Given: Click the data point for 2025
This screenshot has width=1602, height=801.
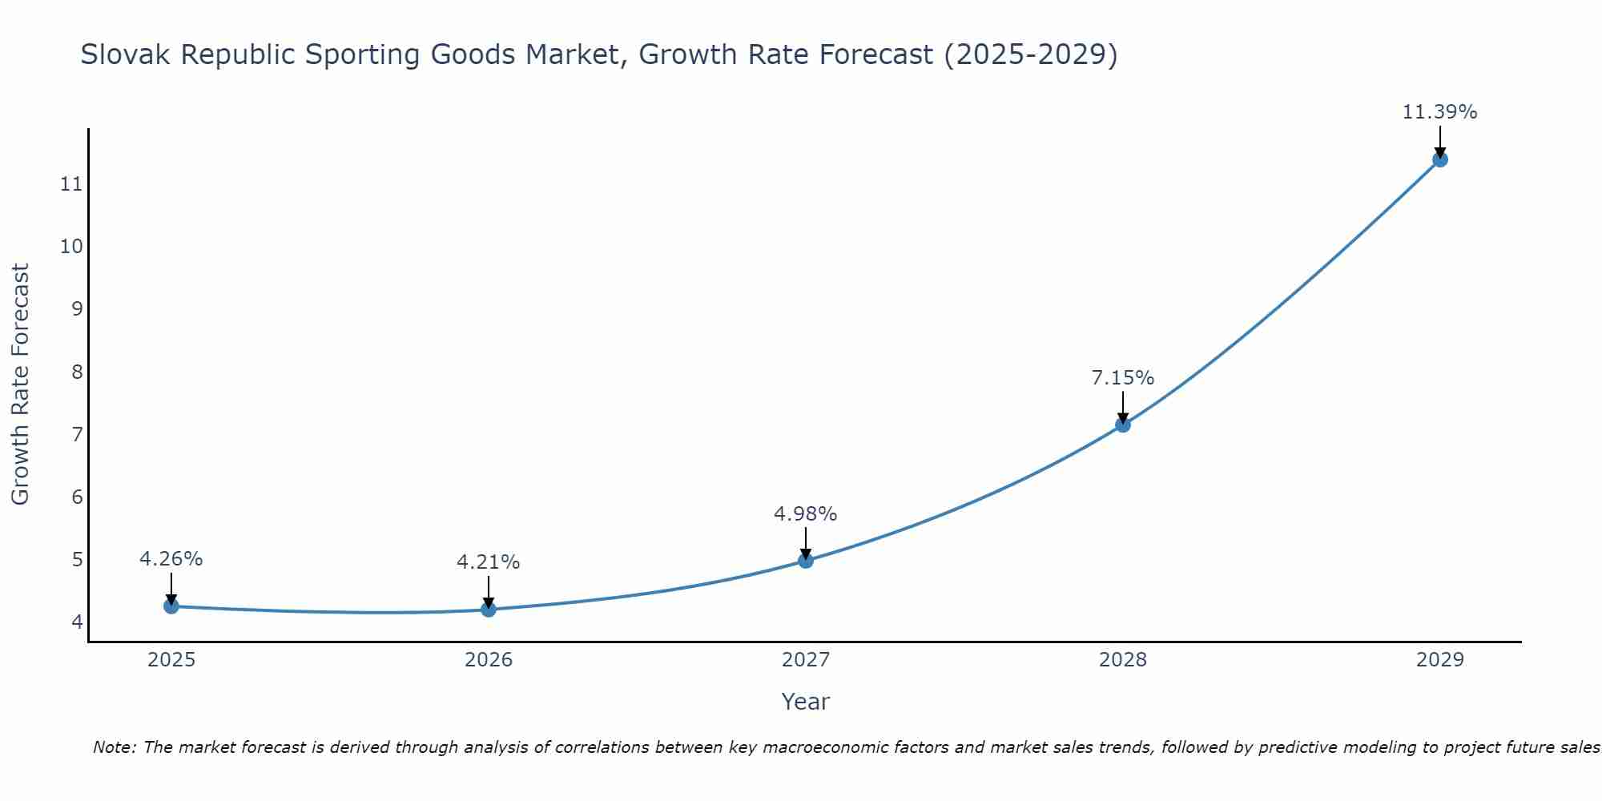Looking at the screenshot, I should point(171,606).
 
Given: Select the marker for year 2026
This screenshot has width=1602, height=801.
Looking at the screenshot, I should point(489,610).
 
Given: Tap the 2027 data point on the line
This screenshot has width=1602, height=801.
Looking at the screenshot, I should point(806,561).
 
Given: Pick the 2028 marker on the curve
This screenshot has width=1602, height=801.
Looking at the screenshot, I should point(1123,425).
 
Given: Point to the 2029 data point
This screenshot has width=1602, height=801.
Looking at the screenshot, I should point(1440,159).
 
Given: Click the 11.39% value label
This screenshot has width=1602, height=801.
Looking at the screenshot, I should point(1439,112).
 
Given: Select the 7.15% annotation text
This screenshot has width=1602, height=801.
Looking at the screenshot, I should point(1122,378).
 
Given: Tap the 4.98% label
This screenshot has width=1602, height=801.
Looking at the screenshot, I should point(805,514).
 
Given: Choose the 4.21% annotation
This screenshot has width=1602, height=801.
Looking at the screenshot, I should point(488,562).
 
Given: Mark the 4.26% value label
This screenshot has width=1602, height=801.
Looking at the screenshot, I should point(171,559).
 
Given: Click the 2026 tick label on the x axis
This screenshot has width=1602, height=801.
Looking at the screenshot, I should point(489,660).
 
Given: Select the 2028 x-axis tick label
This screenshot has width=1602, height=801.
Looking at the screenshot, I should point(1123,660).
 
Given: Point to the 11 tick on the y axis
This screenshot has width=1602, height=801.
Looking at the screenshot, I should point(71,185).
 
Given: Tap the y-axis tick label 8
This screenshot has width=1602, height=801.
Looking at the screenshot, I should point(77,372).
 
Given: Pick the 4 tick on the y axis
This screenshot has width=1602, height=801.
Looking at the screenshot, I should point(77,622).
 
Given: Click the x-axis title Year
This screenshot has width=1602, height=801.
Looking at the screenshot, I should point(805,702).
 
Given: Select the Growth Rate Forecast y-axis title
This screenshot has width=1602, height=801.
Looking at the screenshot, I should point(20,384).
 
